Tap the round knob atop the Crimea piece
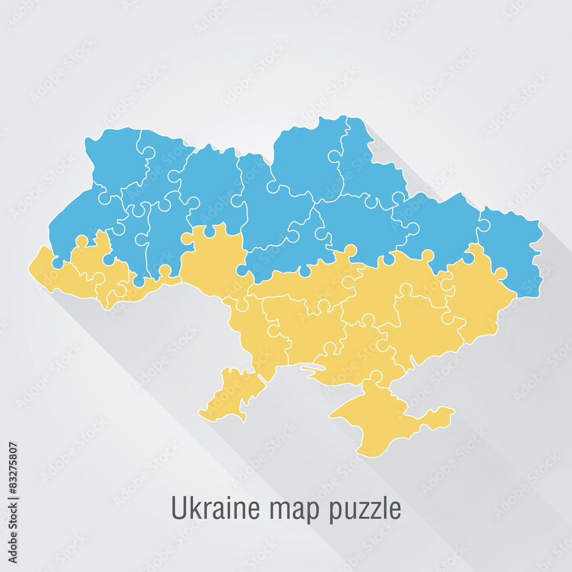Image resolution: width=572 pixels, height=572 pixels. click(376, 376)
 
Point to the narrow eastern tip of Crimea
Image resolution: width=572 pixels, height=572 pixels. click(443, 413)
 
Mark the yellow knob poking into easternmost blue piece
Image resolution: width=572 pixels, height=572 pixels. click(500, 273)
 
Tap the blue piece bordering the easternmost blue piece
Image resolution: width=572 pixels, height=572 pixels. click(443, 229)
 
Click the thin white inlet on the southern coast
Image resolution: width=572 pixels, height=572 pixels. click(312, 369)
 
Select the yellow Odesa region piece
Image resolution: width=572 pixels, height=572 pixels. click(240, 366)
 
